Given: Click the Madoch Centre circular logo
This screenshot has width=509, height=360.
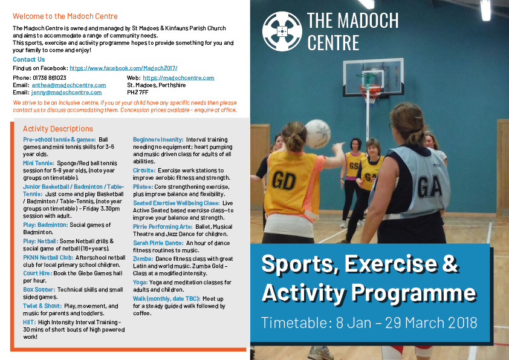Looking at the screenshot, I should coord(282,31).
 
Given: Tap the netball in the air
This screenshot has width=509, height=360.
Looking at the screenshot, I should coord(317,133).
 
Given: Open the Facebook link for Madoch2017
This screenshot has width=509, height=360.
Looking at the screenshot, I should coord(123,68).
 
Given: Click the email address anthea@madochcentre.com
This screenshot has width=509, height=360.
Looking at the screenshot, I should coord(68,85).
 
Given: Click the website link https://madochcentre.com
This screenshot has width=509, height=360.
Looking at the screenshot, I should coord(178,78).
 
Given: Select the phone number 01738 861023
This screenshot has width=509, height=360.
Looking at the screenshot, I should coord(48,78).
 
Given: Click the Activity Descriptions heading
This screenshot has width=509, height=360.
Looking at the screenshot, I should coord(58,129).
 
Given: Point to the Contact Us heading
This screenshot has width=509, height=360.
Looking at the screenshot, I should coord(28,60).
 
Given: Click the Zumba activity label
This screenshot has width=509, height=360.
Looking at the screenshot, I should coord(143,258).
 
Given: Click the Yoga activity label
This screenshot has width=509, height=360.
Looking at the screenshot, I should coord(140,282).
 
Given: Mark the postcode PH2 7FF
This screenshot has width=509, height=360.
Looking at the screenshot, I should coord(138,93).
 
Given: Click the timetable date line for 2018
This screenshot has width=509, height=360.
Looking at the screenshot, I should coord(369,322).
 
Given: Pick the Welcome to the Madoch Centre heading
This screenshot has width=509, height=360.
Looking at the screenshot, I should coord(65,16).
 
